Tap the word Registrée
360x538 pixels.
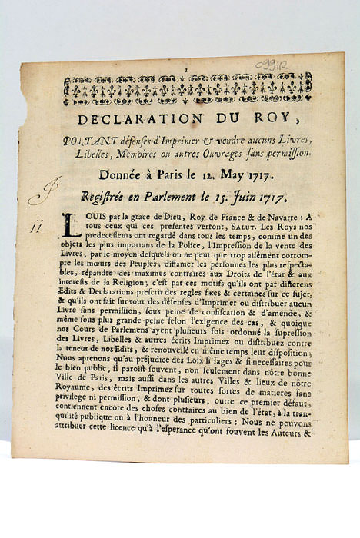point(108,197)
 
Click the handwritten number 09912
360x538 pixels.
point(272,65)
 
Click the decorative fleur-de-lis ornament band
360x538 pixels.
point(188,89)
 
